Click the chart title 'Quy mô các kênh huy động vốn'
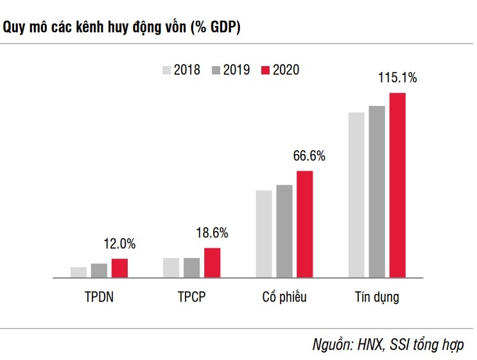(x=123, y=28)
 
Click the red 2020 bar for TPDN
(x=119, y=268)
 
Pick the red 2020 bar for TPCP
(x=212, y=263)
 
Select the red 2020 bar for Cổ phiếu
(x=304, y=225)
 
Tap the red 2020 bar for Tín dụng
(x=397, y=185)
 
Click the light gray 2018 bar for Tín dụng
(x=356, y=195)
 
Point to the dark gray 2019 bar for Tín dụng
(x=377, y=192)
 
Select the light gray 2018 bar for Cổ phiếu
(x=264, y=234)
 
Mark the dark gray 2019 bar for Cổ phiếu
(x=284, y=232)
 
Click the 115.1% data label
(x=397, y=79)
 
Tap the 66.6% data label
(x=309, y=156)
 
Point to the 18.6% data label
(x=212, y=233)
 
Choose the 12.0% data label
(x=119, y=244)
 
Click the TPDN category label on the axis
(x=99, y=297)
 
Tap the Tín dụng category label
(x=377, y=297)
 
